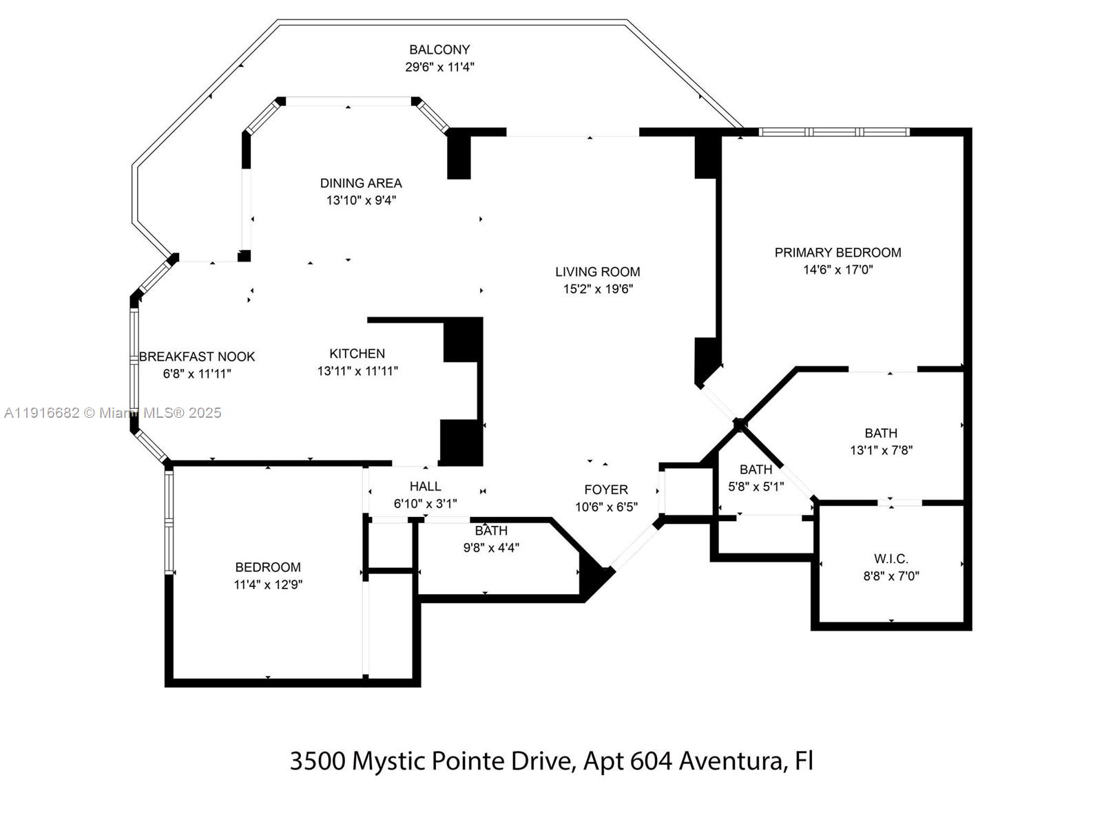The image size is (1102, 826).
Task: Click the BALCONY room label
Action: click(439, 50)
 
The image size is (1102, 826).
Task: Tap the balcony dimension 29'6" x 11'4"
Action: click(439, 67)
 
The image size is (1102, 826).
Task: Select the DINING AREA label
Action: click(361, 183)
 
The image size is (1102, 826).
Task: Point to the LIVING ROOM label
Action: click(598, 272)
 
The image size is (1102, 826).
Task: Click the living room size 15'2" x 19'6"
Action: click(598, 289)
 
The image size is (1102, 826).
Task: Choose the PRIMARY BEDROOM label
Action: click(838, 253)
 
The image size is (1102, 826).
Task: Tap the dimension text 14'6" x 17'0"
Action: click(838, 270)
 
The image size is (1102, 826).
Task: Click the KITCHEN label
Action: click(357, 354)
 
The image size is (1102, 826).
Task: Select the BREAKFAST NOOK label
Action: click(197, 357)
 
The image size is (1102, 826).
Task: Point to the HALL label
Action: click(425, 487)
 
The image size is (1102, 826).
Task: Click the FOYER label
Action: click(606, 489)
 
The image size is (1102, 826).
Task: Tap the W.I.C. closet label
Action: click(891, 559)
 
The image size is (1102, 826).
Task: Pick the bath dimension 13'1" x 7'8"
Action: click(881, 451)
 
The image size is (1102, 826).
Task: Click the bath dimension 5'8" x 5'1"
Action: click(756, 487)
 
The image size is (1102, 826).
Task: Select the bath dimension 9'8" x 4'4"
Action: click(491, 548)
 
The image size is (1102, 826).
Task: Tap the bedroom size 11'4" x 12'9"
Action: click(268, 585)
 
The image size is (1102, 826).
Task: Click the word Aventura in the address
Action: click(731, 761)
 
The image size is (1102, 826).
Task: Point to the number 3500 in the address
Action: click(318, 761)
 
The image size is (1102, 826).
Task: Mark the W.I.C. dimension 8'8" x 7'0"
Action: click(891, 576)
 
